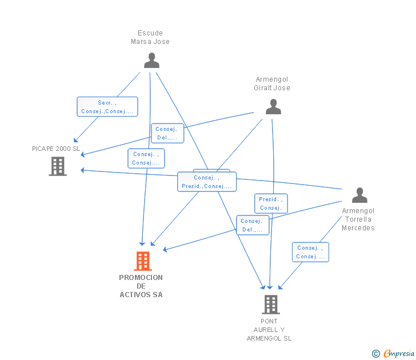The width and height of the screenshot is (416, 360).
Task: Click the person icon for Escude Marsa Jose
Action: click(151, 60)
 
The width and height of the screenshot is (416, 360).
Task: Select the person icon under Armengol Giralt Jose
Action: click(273, 107)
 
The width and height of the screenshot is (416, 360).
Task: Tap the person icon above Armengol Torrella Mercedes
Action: click(359, 195)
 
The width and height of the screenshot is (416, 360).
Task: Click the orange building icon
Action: click(143, 261)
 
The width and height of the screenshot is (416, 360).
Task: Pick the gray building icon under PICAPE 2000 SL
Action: click(58, 166)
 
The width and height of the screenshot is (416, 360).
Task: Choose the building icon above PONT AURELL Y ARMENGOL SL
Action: click(271, 305)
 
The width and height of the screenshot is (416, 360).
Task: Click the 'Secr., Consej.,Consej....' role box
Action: click(107, 107)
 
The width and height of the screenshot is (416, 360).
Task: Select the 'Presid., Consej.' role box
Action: click(271, 203)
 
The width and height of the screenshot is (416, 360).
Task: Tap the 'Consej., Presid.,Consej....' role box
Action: click(207, 182)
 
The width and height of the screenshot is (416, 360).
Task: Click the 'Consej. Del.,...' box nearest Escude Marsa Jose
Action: click(167, 133)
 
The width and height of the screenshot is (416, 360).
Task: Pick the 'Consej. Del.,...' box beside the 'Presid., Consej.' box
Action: click(253, 225)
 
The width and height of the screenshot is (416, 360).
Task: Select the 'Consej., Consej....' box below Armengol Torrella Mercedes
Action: click(310, 252)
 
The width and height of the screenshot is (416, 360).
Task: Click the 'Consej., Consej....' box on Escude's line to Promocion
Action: click(146, 158)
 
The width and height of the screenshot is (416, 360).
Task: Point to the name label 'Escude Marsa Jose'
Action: click(150, 37)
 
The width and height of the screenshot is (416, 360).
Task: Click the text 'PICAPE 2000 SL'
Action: click(56, 149)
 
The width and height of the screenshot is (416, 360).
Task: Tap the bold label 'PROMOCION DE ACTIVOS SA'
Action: click(141, 286)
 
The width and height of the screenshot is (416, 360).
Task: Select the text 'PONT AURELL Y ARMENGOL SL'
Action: click(269, 330)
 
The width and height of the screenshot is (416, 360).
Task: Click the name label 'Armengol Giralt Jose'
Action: click(272, 83)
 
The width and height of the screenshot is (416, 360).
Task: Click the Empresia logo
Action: click(399, 353)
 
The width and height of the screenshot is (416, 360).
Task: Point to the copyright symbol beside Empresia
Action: click(376, 354)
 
